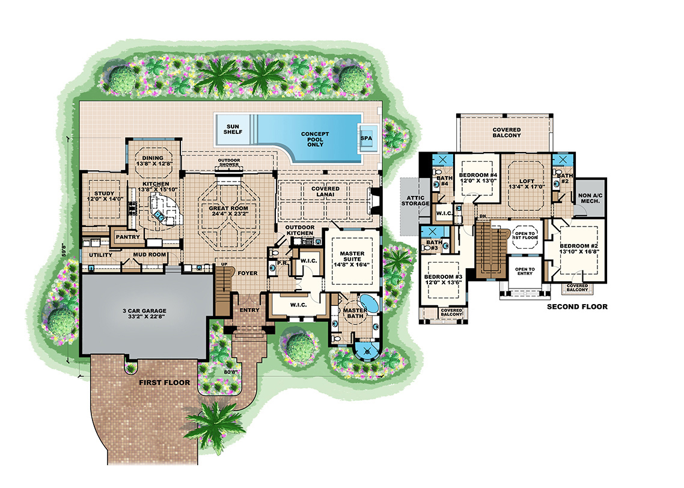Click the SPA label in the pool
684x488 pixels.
(x=365, y=137)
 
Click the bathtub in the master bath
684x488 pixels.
(x=367, y=304)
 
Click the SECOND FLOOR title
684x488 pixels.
(x=576, y=307)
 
